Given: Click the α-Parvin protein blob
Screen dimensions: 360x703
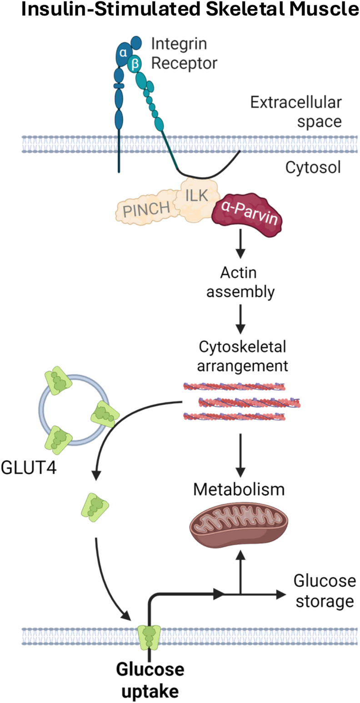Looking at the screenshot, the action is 247,215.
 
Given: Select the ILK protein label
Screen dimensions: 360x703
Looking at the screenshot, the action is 197,196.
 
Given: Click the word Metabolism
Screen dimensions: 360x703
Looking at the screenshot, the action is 239,489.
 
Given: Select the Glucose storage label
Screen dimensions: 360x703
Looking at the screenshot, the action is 325,591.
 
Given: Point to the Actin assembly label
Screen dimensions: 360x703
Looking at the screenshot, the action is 240,282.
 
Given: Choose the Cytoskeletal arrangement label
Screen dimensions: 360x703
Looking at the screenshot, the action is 242,356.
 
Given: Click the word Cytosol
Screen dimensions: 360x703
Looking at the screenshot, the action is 313,167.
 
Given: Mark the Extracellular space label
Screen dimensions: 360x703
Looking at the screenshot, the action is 296,112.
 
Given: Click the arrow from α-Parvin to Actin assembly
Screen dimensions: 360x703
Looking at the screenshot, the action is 240,244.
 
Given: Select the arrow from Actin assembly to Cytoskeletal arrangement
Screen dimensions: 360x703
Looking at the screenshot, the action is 240,319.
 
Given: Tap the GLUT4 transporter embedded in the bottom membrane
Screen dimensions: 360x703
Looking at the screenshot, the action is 149,638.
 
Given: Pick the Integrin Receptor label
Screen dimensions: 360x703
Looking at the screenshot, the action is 184,53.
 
